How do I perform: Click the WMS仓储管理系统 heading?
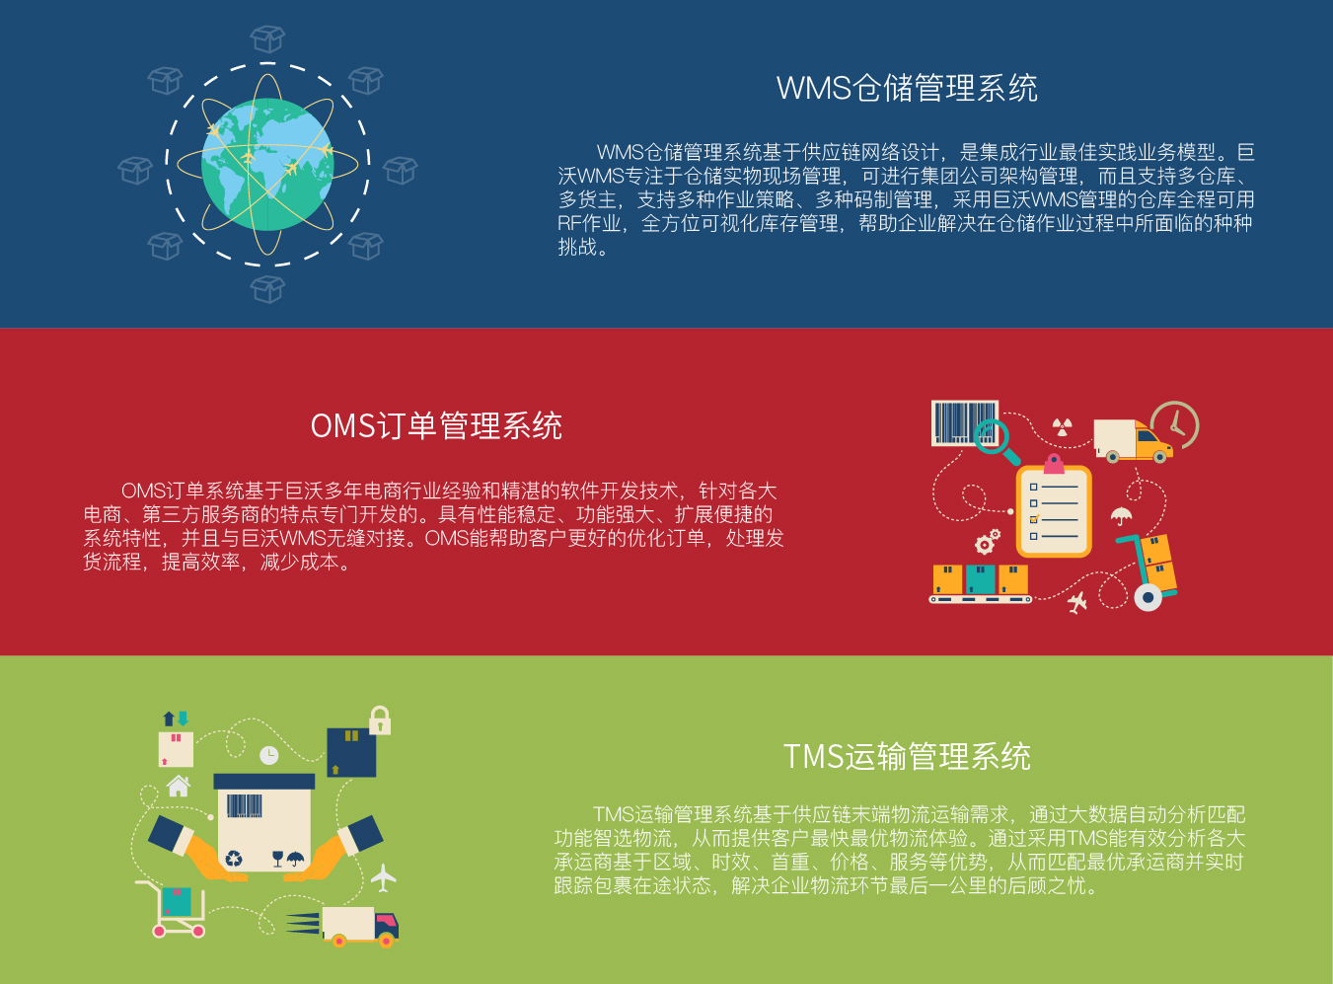tap(907, 89)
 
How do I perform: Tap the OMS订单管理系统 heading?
tap(436, 426)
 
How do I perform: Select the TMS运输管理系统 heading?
tap(908, 756)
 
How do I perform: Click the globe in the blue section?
tap(267, 164)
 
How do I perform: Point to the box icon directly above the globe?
tap(267, 39)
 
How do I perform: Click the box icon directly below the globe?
tap(267, 289)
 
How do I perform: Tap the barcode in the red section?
tap(964, 422)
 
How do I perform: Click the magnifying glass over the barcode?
tap(995, 440)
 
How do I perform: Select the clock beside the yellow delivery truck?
tap(1175, 424)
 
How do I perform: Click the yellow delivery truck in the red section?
tap(1133, 440)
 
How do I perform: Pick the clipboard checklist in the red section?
tap(1054, 508)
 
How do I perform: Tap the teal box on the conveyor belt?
tap(980, 579)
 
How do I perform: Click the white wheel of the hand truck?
tap(1148, 597)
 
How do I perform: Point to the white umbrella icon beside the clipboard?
tap(1121, 516)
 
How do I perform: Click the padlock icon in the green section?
tap(380, 720)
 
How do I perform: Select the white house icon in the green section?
tap(179, 785)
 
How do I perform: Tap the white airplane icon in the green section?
tap(383, 878)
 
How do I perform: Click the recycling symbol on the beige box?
tap(234, 859)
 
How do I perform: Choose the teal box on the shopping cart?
tap(177, 902)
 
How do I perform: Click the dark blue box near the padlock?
tap(351, 753)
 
